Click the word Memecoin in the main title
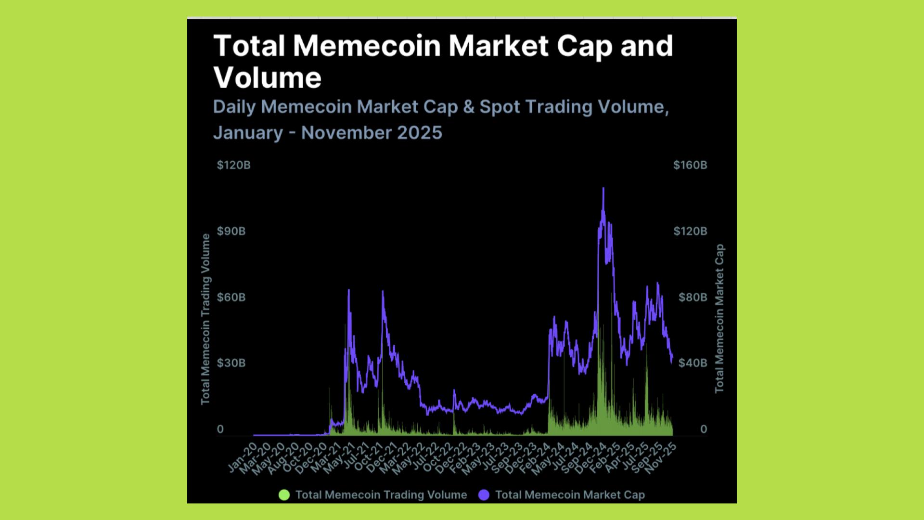[x=367, y=46]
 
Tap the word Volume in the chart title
[x=268, y=78]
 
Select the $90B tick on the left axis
[x=231, y=231]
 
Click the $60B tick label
[x=231, y=297]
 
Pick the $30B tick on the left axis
[x=231, y=363]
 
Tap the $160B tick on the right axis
[x=690, y=165]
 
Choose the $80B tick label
[x=693, y=297]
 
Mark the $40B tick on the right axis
[x=693, y=363]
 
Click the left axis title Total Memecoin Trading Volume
[x=205, y=319]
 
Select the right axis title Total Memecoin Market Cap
[x=719, y=319]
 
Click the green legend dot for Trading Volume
[x=284, y=495]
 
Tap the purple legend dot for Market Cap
[x=484, y=495]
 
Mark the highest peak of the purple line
[x=603, y=188]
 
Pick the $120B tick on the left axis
[x=233, y=165]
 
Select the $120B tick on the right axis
[x=690, y=231]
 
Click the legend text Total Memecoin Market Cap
[x=570, y=495]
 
